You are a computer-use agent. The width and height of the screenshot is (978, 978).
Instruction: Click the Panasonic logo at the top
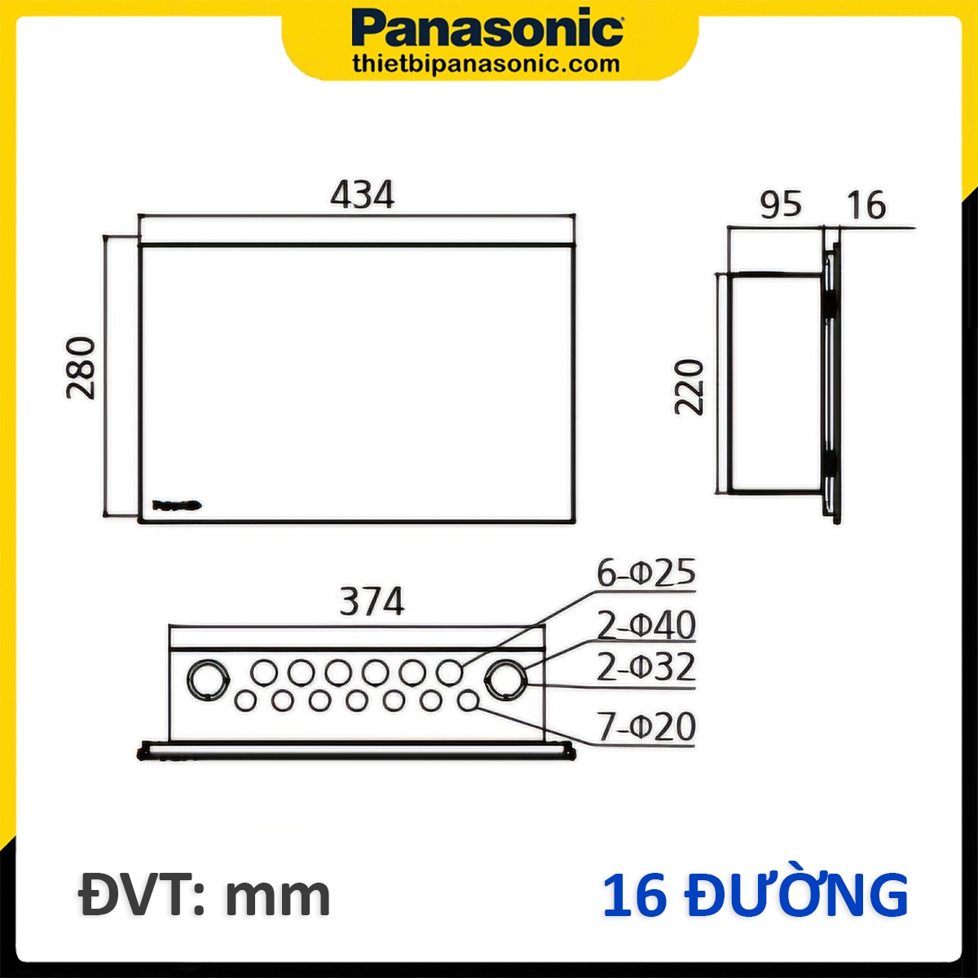[x=487, y=30]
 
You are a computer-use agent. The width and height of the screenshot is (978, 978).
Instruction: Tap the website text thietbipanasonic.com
[x=486, y=64]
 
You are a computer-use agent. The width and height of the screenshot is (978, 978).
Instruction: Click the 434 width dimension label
[x=362, y=196]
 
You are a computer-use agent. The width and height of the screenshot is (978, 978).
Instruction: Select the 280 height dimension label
[x=81, y=368]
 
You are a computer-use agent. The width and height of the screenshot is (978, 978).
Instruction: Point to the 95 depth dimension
[x=780, y=205]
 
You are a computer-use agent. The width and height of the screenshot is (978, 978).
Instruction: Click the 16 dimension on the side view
[x=866, y=205]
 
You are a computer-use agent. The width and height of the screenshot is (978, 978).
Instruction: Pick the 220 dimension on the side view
[x=689, y=386]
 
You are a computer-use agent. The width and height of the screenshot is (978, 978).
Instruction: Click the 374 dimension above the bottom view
[x=372, y=602]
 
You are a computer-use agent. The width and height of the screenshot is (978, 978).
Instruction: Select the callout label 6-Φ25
[x=645, y=574]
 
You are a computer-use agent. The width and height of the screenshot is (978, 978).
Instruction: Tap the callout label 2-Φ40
[x=645, y=626]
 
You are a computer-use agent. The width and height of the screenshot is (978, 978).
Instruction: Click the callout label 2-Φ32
[x=645, y=667]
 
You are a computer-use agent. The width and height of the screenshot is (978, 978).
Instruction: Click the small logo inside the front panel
[x=177, y=506]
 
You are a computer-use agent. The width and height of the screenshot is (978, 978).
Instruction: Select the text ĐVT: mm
[x=205, y=896]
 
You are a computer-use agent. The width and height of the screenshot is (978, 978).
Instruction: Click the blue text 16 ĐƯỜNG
[x=755, y=896]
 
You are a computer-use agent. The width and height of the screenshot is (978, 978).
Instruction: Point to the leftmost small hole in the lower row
[x=244, y=700]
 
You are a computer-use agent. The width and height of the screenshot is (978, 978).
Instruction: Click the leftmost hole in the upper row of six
[x=263, y=672]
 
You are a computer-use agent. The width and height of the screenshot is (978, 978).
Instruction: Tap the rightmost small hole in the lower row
[x=468, y=700]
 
